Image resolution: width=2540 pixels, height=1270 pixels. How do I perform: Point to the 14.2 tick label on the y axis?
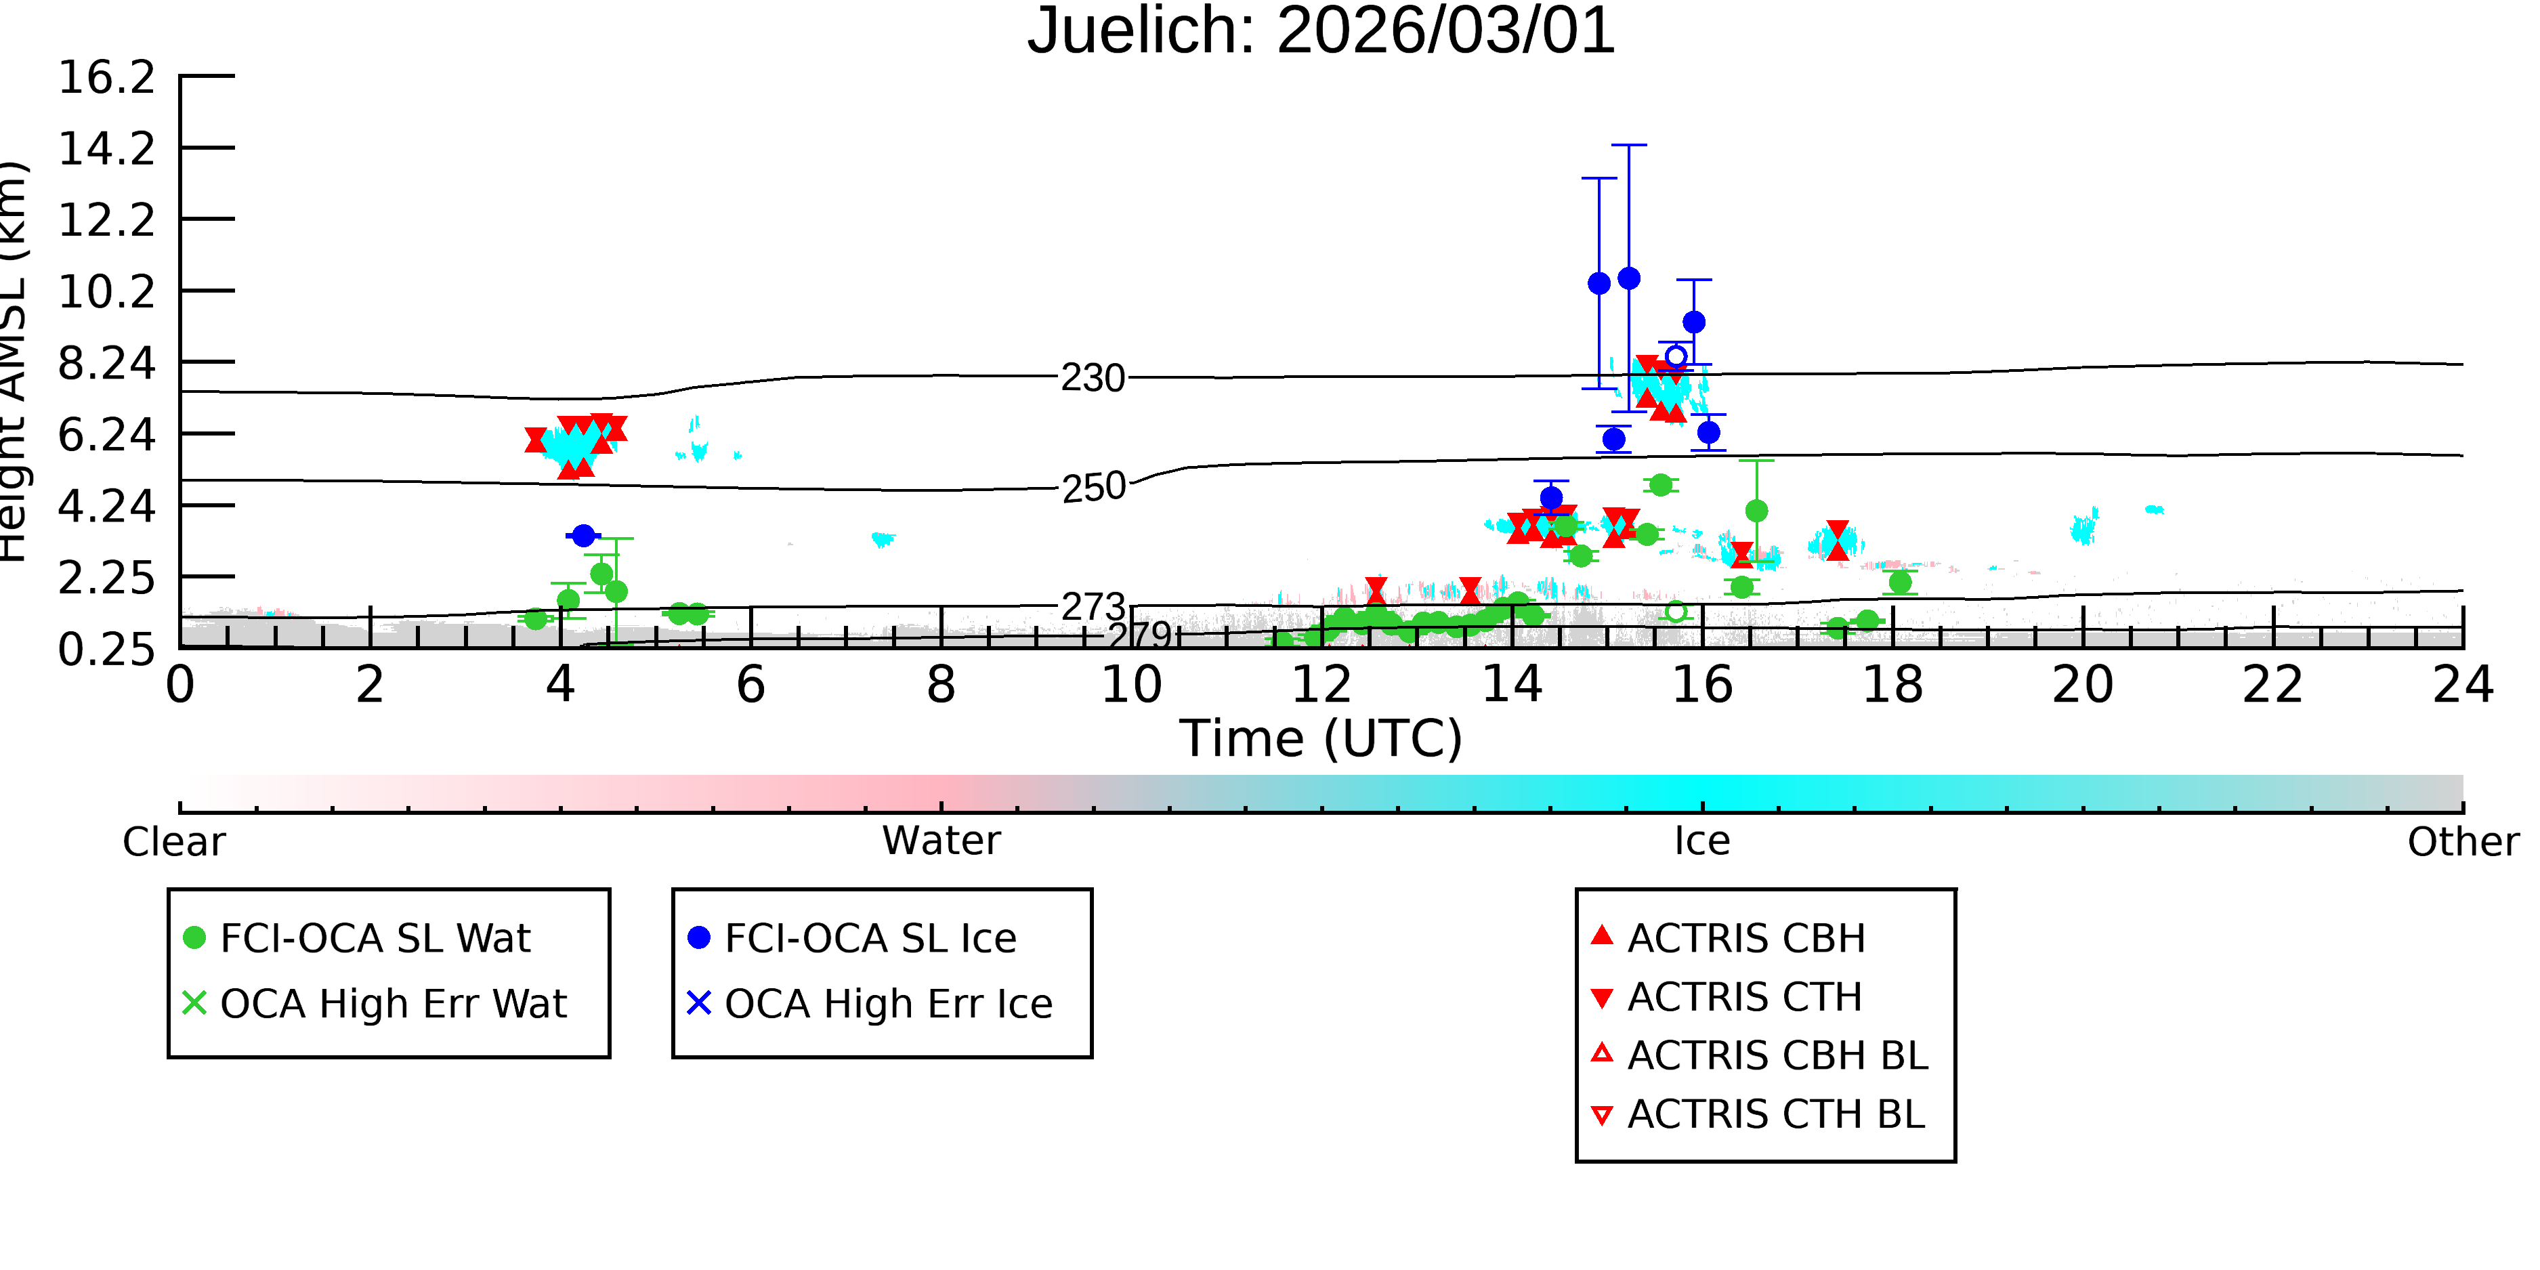[x=106, y=149]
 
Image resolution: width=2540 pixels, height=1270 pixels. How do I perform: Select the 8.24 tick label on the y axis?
[x=106, y=363]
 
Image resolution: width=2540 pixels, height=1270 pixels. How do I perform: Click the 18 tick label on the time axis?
[x=1892, y=684]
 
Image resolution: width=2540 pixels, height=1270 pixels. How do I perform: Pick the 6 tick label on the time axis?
[x=750, y=684]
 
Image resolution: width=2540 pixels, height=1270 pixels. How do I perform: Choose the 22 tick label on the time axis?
[x=2272, y=684]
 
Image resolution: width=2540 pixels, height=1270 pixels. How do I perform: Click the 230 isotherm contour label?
[x=1093, y=378]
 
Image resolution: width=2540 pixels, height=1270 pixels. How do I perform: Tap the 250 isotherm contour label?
[x=1093, y=487]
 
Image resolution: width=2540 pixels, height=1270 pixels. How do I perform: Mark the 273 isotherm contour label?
[x=1093, y=606]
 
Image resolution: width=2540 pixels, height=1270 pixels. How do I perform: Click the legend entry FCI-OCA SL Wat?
[x=358, y=937]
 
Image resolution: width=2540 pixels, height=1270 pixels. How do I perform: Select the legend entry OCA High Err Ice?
[x=870, y=1004]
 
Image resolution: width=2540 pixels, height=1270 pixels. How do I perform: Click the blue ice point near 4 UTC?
[x=583, y=535]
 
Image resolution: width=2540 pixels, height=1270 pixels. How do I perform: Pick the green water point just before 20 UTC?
[x=1900, y=582]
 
